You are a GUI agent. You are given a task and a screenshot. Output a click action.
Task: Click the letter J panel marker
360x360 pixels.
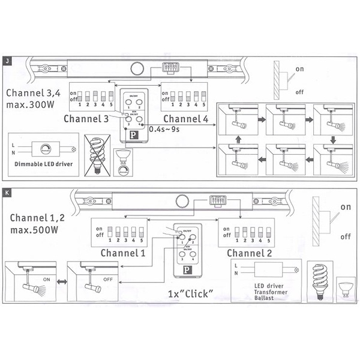pyautogui.click(x=7, y=61)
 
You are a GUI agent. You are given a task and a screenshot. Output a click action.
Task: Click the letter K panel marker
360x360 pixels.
pyautogui.click(x=7, y=193)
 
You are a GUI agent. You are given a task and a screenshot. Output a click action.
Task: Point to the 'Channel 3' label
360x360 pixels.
pyautogui.click(x=86, y=119)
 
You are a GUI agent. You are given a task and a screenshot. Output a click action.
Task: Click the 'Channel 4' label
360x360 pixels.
pyautogui.click(x=186, y=119)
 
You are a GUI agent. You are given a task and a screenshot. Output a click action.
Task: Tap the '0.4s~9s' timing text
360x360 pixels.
pyautogui.click(x=166, y=129)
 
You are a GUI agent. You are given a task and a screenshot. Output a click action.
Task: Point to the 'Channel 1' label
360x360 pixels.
pyautogui.click(x=122, y=253)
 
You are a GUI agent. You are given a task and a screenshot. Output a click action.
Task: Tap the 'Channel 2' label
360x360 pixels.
pyautogui.click(x=247, y=253)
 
